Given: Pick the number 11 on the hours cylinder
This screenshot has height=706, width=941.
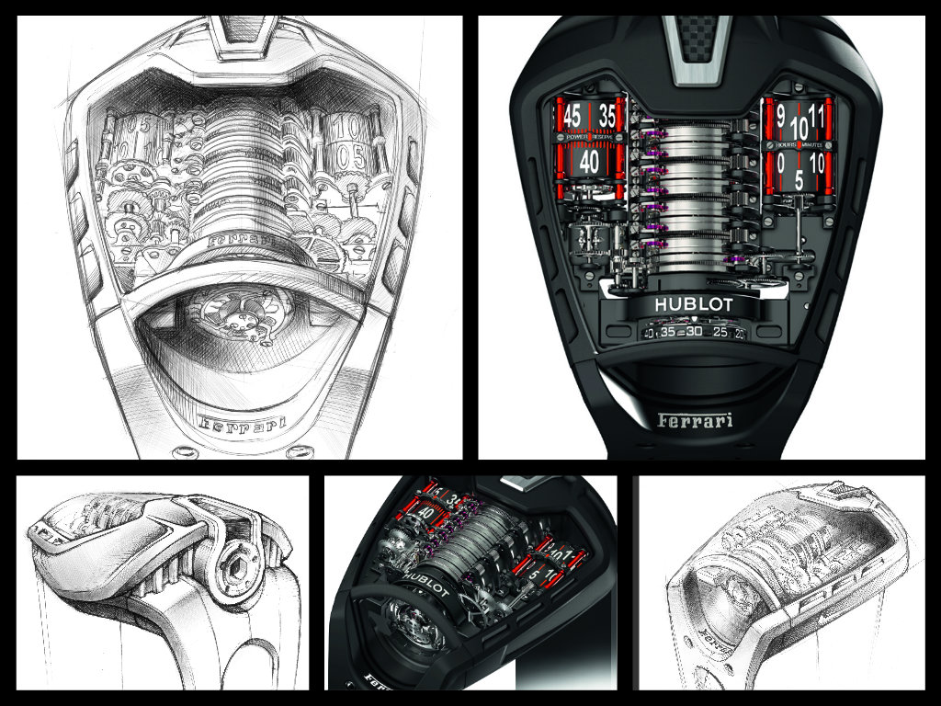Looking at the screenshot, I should pyautogui.click(x=817, y=118).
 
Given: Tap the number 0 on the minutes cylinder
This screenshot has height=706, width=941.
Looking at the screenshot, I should pyautogui.click(x=779, y=163).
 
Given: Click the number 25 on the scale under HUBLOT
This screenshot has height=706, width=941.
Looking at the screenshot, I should pyautogui.click(x=720, y=333).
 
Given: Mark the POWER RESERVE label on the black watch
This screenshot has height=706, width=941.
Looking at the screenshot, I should pyautogui.click(x=589, y=138).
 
